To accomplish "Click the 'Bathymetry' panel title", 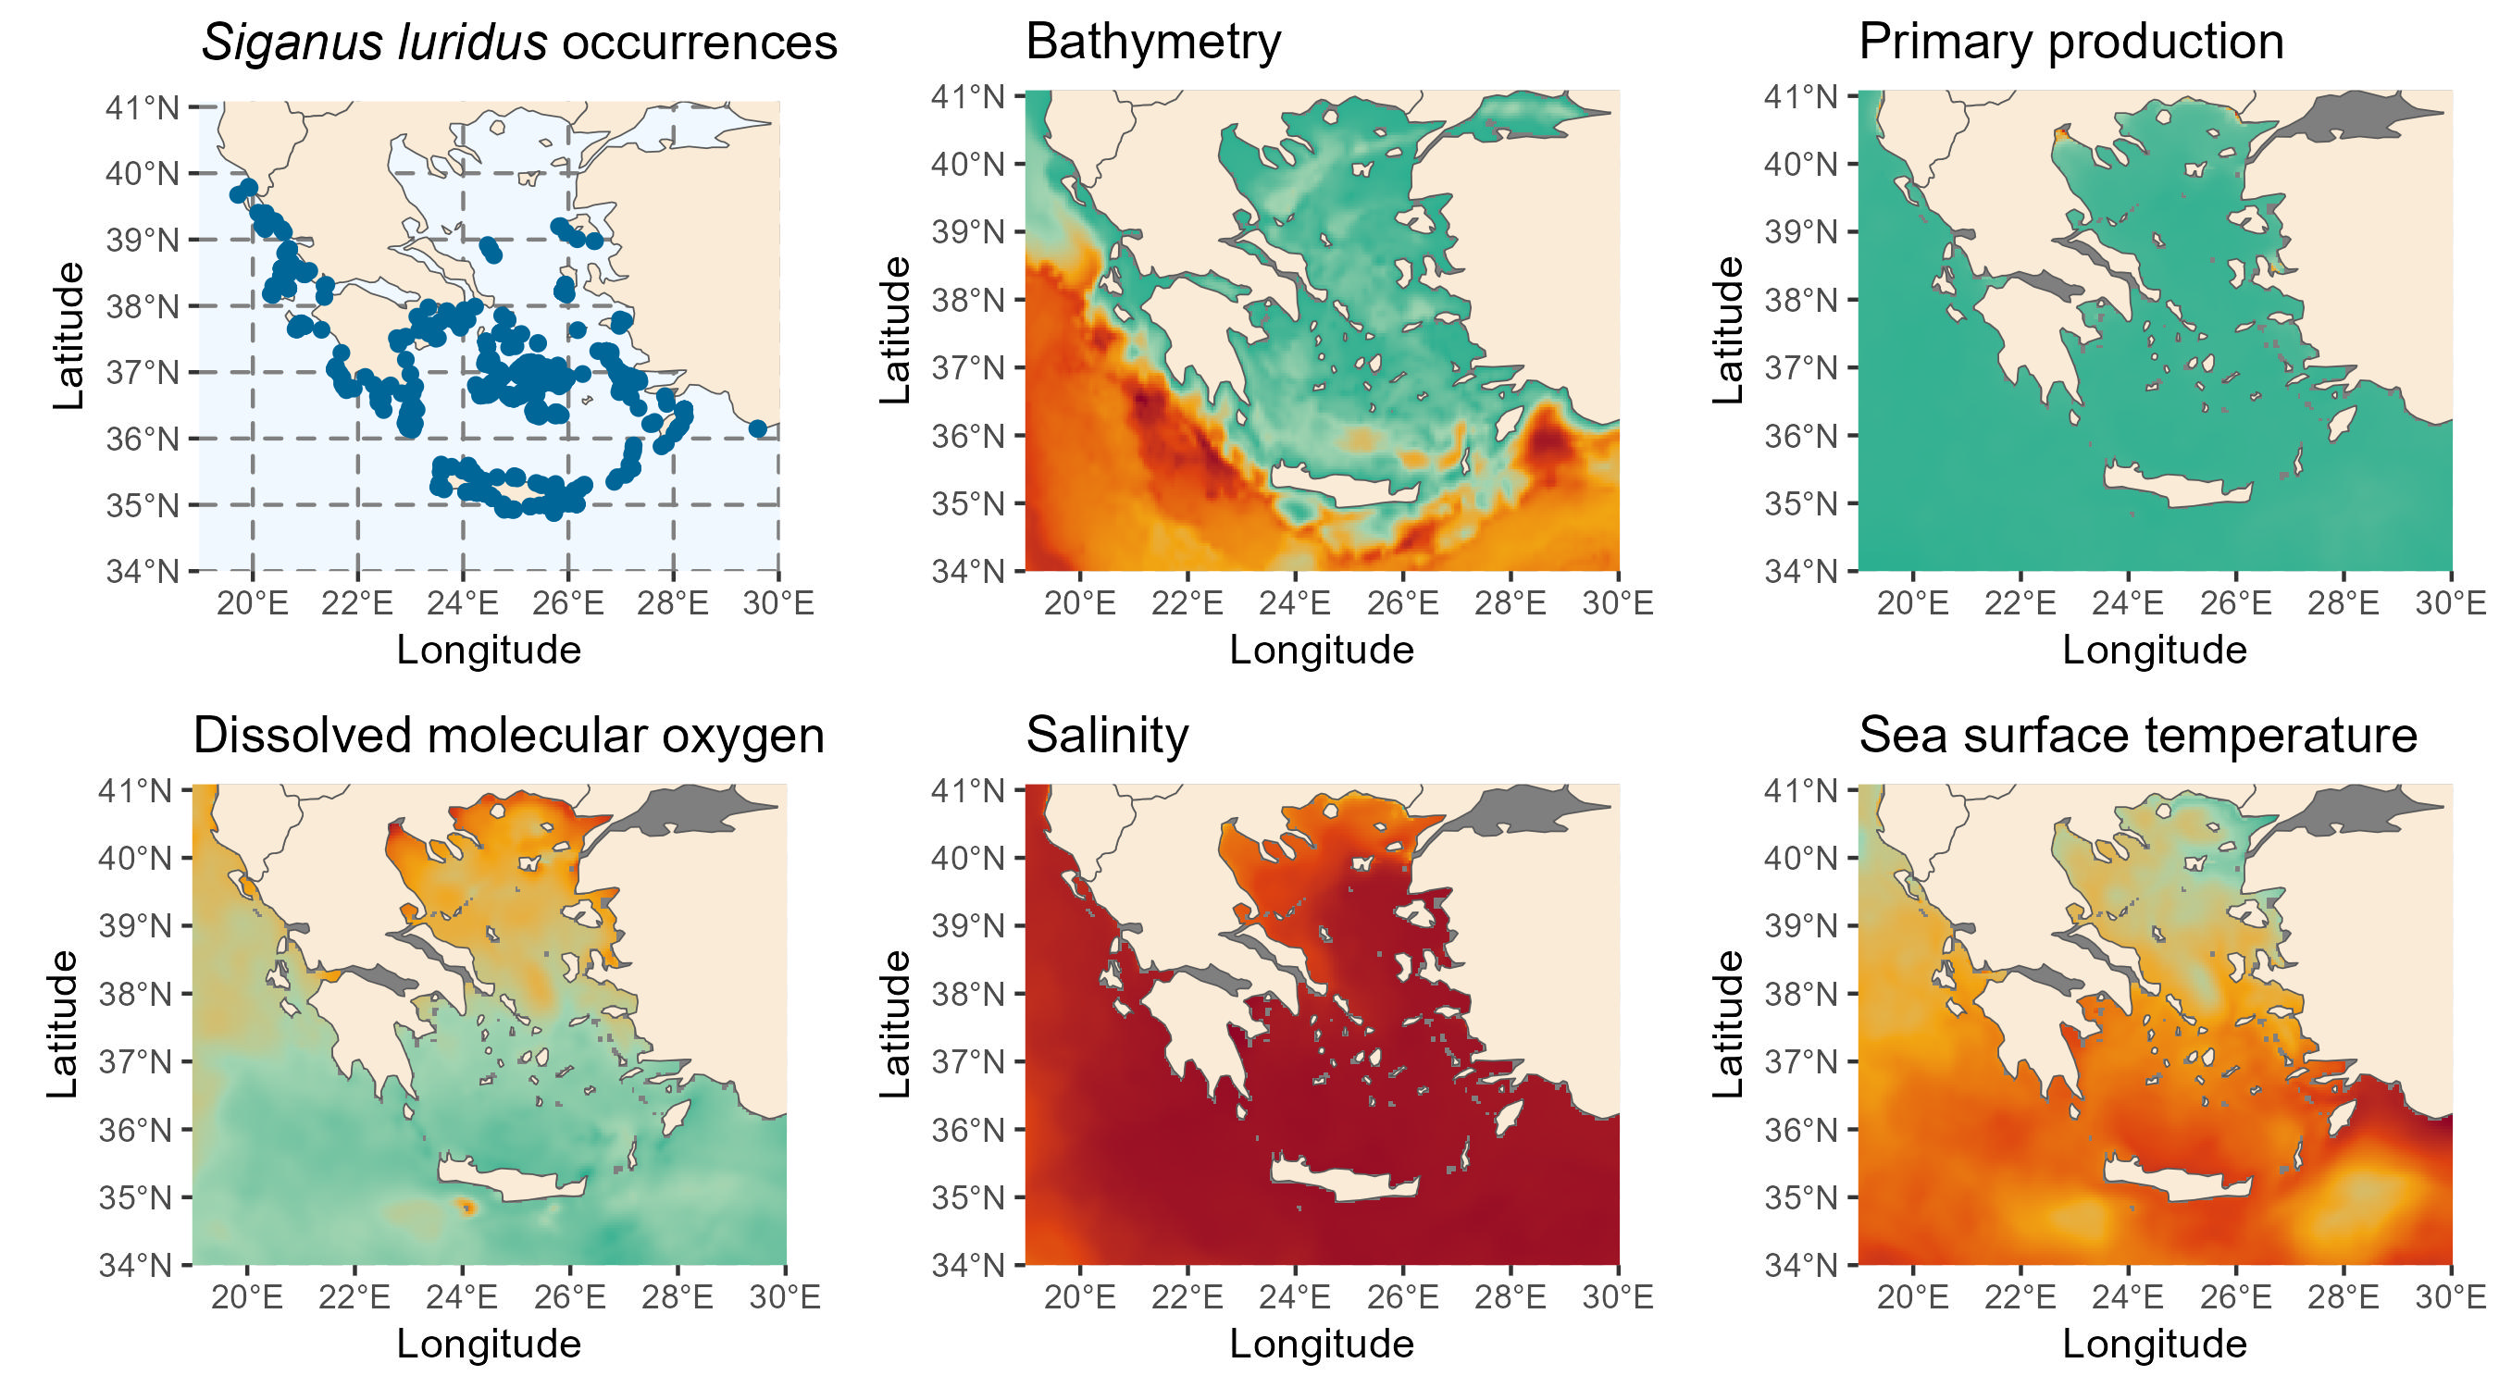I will point(1152,43).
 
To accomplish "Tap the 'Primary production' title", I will point(2070,43).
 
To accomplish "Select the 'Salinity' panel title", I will point(1107,736).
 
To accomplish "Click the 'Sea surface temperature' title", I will point(2137,736).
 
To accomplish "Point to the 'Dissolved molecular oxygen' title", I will point(508,736).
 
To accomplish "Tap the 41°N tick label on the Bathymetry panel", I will point(967,97).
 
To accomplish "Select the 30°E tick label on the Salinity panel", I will point(1617,1296).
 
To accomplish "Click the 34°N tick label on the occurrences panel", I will point(143,571).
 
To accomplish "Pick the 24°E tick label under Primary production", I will point(2128,603).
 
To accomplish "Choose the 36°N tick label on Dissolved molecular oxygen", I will point(135,1131).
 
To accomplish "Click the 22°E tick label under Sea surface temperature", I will point(2020,1296).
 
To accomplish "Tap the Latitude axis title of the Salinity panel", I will point(894,1024).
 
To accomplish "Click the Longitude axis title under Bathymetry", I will point(1322,650).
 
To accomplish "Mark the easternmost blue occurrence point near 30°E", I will point(758,428).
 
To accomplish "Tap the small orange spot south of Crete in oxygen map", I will point(467,1208).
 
